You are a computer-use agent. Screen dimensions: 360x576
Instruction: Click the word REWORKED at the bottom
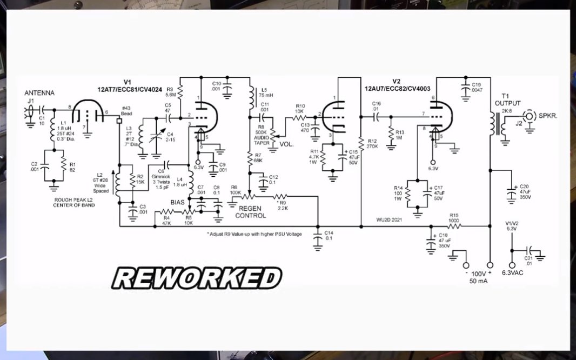[197, 278]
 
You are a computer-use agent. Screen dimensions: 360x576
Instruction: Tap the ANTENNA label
[39, 93]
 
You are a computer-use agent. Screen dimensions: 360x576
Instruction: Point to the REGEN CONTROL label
[251, 212]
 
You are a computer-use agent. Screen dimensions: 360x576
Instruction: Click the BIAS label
[179, 202]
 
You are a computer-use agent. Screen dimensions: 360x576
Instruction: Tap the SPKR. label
[548, 116]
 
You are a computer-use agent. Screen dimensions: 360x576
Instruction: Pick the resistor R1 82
[64, 166]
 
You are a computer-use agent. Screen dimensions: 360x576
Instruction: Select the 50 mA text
[479, 282]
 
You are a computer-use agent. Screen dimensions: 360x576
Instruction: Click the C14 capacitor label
[329, 235]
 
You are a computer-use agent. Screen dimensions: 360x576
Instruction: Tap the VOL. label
[286, 144]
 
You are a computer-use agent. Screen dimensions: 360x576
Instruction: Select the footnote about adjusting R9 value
[253, 234]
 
